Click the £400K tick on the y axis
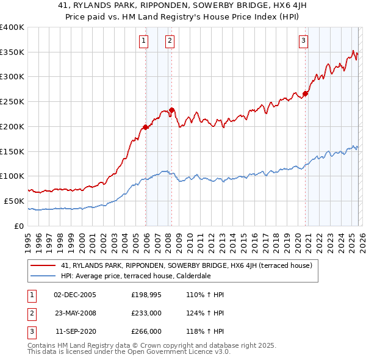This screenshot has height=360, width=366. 12,27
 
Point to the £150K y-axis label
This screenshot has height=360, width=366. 12,151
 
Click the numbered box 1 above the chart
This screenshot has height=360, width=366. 143,41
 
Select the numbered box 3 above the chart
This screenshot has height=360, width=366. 303,41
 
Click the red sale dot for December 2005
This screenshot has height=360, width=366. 146,127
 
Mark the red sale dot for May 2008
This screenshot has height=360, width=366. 172,110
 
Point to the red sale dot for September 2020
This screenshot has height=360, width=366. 306,94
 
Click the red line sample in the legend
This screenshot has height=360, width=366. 44,265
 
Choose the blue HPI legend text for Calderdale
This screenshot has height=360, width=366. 135,276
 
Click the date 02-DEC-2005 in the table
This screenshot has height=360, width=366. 75,295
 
